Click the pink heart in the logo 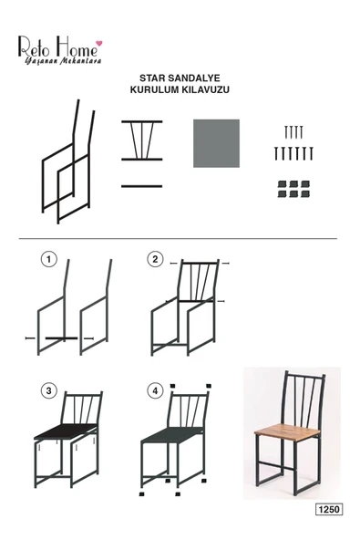tap(98, 44)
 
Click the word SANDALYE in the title tap(192, 78)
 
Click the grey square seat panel tap(216, 143)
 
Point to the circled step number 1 tap(49, 259)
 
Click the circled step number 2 tap(155, 259)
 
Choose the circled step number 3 tap(49, 391)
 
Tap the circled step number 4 tap(155, 391)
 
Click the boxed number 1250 tap(329, 509)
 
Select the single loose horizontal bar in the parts tap(141, 186)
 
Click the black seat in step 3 tap(66, 431)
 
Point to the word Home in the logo tap(77, 47)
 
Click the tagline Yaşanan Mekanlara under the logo tap(63, 61)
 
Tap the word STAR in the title tap(150, 78)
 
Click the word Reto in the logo tap(35, 47)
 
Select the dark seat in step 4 tap(172, 434)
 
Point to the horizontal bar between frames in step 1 tap(62, 338)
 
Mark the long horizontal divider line tap(178, 238)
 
